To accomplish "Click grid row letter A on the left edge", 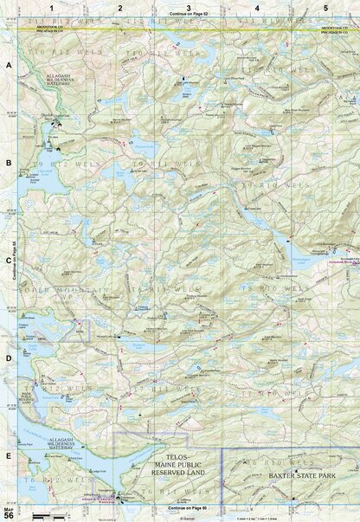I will coord(8,66).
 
